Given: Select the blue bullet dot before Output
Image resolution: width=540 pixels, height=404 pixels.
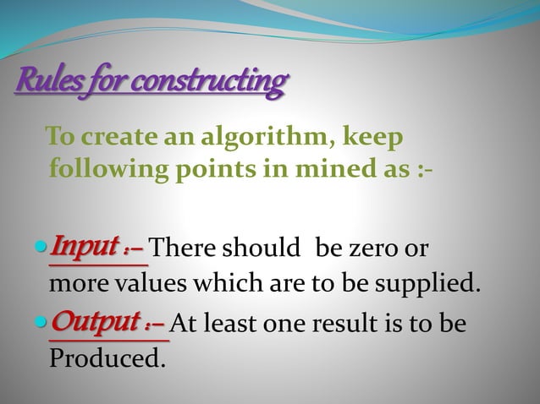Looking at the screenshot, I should pos(45,325).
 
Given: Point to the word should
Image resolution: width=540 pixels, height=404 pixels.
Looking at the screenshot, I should pos(267,250).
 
